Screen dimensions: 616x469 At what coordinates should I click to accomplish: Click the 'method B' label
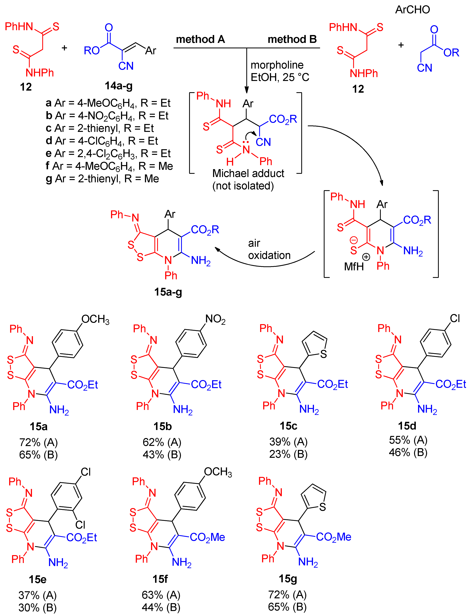pos(292,39)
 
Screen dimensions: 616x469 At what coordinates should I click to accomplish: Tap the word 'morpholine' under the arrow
pos(277,65)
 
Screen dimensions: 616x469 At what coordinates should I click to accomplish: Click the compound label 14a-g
pos(119,86)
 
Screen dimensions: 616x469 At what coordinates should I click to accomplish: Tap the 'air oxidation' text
pos(269,249)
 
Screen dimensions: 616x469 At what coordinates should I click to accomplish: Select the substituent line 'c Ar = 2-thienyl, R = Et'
pos(100,128)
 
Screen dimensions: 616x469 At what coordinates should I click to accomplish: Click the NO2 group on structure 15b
pos(215,319)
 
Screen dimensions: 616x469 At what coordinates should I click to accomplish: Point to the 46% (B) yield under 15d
pos(408,452)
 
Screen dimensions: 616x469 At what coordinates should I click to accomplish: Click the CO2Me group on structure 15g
pos(333,537)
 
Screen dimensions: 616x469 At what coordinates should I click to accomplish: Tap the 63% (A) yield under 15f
pos(161,595)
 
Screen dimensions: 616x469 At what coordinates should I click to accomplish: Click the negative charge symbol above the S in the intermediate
pos(354,240)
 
